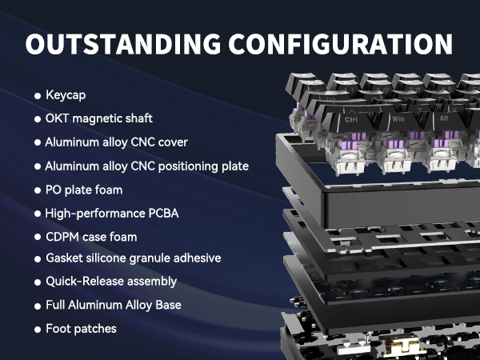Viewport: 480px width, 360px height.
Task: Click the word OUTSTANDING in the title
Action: coord(123,44)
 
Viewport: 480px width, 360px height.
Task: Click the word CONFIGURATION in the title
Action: coord(341,44)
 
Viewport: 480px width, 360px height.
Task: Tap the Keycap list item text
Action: coord(66,95)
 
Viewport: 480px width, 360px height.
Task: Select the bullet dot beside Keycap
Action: coord(38,96)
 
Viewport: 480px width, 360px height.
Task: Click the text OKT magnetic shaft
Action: coord(99,118)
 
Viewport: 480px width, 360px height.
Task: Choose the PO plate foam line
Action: coord(84,190)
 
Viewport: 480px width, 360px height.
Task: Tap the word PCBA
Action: coord(163,214)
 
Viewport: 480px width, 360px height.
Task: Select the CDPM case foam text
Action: coord(91,237)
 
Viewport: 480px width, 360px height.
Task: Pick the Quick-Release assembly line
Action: coord(111,282)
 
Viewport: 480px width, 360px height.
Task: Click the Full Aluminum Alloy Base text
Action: coord(114,305)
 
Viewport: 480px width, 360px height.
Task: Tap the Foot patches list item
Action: coord(81,329)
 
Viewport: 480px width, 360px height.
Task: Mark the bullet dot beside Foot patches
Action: coord(38,330)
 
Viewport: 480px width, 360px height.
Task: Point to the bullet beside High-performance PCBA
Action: coord(38,214)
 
